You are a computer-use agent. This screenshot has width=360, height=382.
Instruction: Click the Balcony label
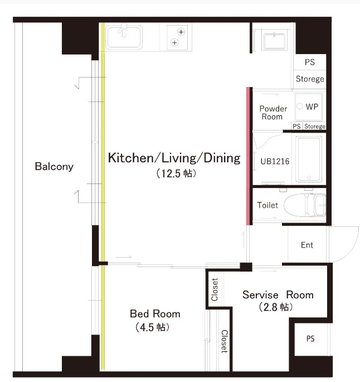point(54,167)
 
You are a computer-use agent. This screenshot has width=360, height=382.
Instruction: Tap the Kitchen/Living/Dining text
point(174,158)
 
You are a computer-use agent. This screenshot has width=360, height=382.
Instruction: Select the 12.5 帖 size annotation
point(176,173)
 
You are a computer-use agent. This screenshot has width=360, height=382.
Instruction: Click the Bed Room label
point(155,314)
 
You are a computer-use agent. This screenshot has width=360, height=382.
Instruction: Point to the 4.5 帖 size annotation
point(152,327)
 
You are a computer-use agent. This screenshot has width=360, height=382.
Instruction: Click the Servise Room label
point(278,295)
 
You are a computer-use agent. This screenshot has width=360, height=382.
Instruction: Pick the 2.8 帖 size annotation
point(276,307)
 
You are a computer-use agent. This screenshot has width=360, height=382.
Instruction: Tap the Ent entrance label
point(307,245)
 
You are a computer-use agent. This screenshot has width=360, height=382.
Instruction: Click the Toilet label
point(267,205)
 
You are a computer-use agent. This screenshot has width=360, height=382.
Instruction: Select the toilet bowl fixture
point(305,205)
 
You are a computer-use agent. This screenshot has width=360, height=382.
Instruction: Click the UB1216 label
point(275,161)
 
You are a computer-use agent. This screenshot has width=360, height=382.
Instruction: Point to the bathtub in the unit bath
point(309,159)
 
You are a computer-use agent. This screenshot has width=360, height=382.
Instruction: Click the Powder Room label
point(273,113)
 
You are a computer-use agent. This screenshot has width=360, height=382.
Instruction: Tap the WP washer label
point(312,107)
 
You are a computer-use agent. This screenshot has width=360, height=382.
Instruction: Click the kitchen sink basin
point(124,37)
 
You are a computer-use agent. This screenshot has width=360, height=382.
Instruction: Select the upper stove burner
point(181,32)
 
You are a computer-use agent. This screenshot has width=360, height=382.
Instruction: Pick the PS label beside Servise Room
point(310,339)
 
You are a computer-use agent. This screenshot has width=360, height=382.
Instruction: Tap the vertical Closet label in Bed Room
point(224,341)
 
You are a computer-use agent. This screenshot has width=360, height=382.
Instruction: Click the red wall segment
point(248,156)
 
